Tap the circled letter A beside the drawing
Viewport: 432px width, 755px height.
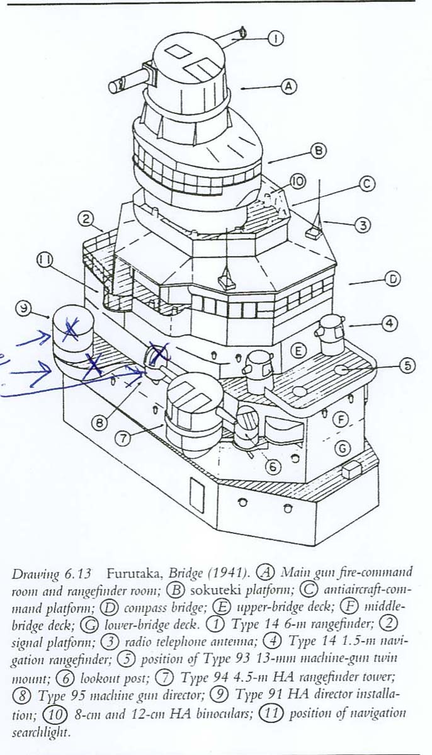tap(288, 87)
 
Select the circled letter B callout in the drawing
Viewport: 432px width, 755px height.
tap(319, 151)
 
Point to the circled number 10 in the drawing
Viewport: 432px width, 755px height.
tap(298, 181)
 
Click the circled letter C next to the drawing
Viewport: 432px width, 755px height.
tap(367, 184)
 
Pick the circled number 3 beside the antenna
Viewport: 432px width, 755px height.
tap(362, 225)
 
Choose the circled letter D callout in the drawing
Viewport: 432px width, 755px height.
tap(394, 280)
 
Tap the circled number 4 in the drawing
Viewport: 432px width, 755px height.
tap(389, 324)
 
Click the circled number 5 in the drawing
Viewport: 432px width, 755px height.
tap(407, 366)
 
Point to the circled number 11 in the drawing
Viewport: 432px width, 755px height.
tap(46, 261)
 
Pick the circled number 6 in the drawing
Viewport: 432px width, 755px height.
tap(273, 467)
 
